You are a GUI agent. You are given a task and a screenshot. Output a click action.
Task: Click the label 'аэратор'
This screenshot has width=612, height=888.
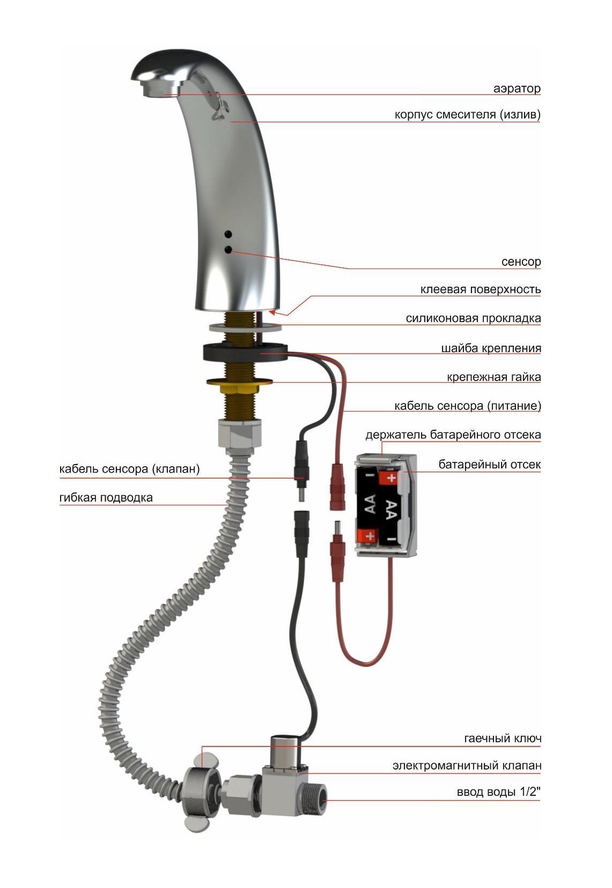[x=517, y=88]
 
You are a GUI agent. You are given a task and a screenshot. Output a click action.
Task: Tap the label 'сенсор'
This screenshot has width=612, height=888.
[x=521, y=262]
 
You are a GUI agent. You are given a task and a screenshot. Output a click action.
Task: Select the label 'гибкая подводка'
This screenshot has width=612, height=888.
[x=106, y=497]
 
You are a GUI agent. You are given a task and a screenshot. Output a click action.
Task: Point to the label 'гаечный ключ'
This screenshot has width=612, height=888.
[x=503, y=738]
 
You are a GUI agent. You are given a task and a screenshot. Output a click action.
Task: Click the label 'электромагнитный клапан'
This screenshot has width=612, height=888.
[x=467, y=765]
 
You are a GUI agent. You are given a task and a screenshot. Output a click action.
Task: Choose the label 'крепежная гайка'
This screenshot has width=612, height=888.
[x=493, y=377]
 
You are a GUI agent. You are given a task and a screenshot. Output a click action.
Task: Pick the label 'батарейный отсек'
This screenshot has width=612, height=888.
[x=489, y=464]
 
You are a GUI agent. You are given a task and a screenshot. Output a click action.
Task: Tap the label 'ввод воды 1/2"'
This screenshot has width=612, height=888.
[x=498, y=792]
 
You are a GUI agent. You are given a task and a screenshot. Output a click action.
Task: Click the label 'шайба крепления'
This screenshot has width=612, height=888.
[x=491, y=348]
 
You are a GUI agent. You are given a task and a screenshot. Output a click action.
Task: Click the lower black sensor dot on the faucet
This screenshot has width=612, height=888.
[x=228, y=249]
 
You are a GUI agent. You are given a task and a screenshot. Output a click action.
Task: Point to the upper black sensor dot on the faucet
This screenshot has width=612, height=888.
[x=228, y=234]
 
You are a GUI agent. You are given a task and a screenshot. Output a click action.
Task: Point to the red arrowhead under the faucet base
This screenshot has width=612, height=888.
[x=272, y=313]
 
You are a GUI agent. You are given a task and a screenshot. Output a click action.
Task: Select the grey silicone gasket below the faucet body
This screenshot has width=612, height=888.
[x=246, y=327]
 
